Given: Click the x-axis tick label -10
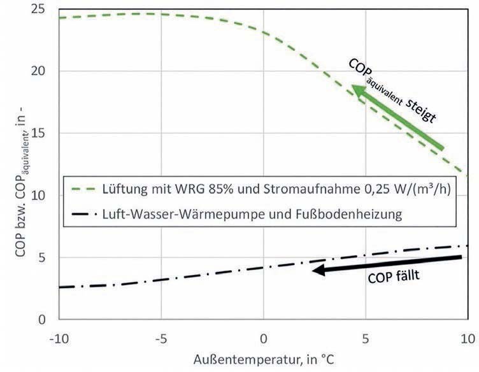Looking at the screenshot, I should pos(57,334).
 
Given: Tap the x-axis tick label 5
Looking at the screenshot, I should pos(366,334).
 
